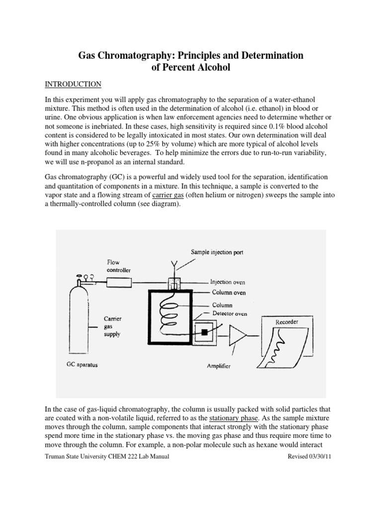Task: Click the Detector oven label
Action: (x=230, y=313)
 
